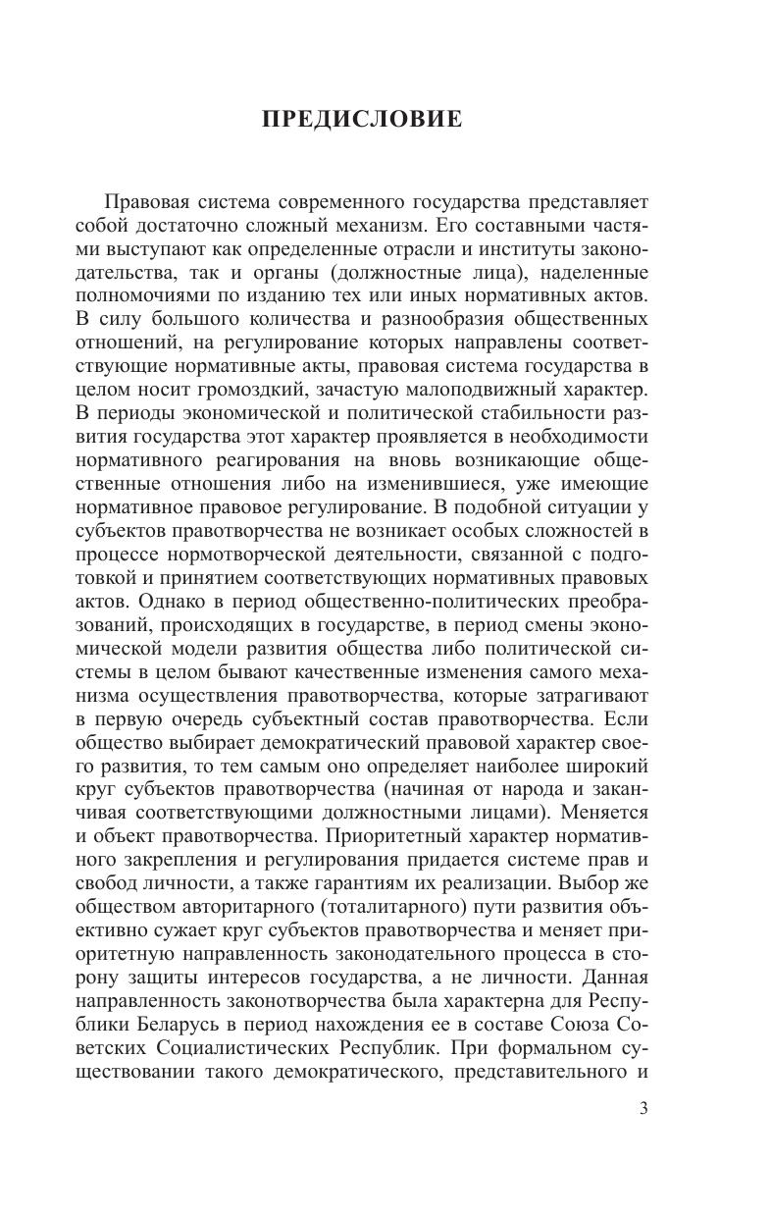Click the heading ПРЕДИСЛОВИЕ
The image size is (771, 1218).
[x=361, y=121]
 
